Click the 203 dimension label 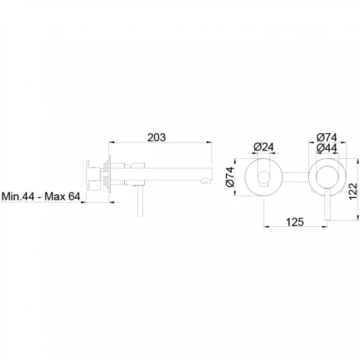pos(156,138)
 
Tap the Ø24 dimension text pos(263,147)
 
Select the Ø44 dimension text pos(327,148)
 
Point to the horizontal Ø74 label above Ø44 pos(327,138)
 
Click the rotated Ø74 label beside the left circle pos(230,177)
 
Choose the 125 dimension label pos(295,222)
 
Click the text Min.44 pos(18,196)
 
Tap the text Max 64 pos(62,196)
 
